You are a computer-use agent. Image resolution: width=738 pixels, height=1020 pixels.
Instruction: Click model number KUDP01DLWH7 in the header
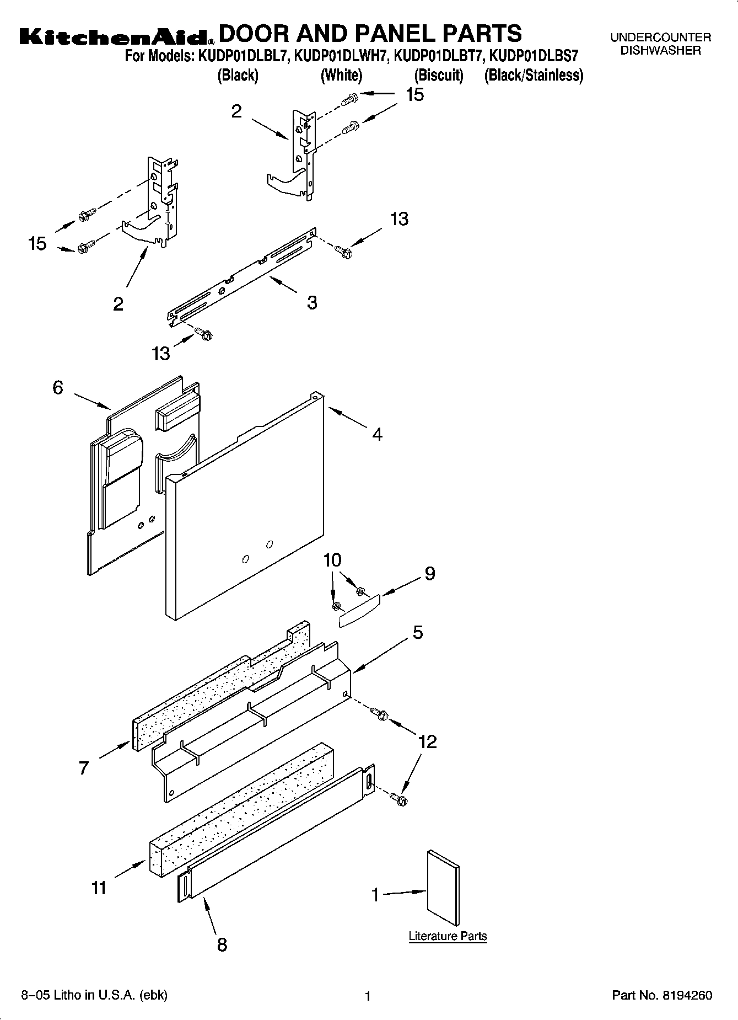(x=342, y=56)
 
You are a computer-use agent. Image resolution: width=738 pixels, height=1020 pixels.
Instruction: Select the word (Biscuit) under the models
(x=439, y=76)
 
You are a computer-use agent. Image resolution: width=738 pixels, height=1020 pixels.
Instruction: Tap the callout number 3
(x=312, y=303)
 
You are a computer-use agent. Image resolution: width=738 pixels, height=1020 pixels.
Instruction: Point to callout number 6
(x=58, y=388)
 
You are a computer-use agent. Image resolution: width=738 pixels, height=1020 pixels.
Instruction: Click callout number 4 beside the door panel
(x=377, y=435)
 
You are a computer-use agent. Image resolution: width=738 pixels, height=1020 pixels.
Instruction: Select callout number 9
(x=429, y=574)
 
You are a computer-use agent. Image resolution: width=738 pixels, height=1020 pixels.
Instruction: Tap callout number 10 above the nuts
(x=332, y=560)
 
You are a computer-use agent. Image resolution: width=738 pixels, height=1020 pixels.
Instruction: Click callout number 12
(x=428, y=741)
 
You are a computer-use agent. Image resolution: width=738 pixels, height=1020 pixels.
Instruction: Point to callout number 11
(x=99, y=888)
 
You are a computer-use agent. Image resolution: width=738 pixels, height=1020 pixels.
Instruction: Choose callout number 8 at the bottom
(x=222, y=944)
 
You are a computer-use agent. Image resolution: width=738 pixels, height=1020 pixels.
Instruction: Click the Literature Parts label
(x=448, y=936)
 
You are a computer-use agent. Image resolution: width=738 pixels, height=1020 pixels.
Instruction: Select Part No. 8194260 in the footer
(x=662, y=996)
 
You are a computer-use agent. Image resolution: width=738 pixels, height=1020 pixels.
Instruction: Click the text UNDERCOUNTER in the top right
(x=660, y=38)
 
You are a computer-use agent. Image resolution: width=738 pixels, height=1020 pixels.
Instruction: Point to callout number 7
(x=83, y=767)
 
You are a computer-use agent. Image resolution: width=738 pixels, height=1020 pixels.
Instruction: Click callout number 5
(x=418, y=633)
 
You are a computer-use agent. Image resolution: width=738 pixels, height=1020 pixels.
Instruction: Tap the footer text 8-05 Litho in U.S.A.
(x=94, y=995)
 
